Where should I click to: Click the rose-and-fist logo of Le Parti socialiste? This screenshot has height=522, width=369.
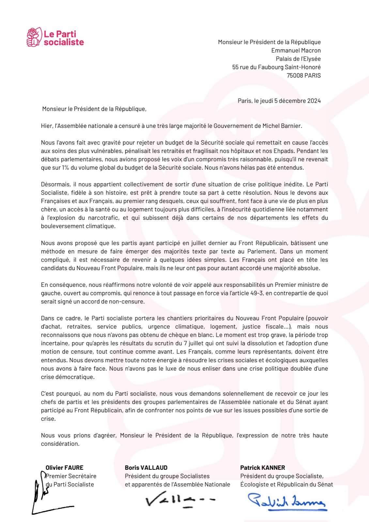(x=34, y=37)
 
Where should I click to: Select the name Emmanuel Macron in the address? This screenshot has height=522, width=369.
(x=296, y=51)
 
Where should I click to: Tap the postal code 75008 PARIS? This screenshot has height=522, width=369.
(x=303, y=75)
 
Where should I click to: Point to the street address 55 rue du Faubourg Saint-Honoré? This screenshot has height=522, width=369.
(x=276, y=67)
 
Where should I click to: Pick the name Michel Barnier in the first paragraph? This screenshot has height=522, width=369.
(x=282, y=126)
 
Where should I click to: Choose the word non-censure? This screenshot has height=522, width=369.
(x=128, y=302)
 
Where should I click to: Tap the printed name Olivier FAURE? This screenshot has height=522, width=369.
(x=64, y=468)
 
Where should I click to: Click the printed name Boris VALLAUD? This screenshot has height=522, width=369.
(x=146, y=468)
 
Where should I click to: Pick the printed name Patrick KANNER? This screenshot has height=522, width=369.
(x=262, y=468)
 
